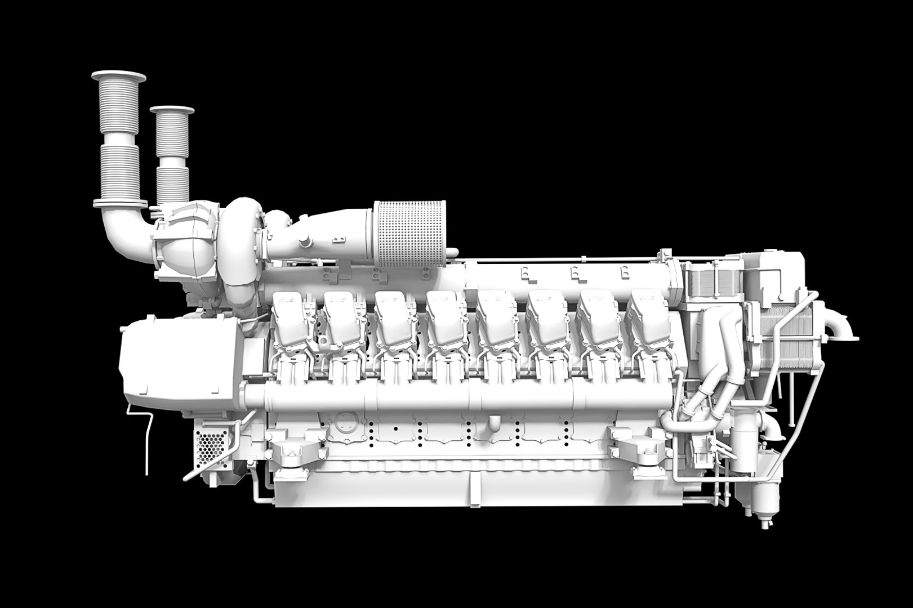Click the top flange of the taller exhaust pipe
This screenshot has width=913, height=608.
[x=119, y=77]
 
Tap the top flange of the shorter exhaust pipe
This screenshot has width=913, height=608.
[x=172, y=110]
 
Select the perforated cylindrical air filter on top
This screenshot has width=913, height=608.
[x=410, y=234]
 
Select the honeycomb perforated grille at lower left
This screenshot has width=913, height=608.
[x=212, y=448]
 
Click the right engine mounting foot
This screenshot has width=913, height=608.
[x=636, y=450]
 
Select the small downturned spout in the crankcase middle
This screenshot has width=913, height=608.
[x=493, y=423]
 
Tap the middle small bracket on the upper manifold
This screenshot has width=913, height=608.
[x=574, y=273]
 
